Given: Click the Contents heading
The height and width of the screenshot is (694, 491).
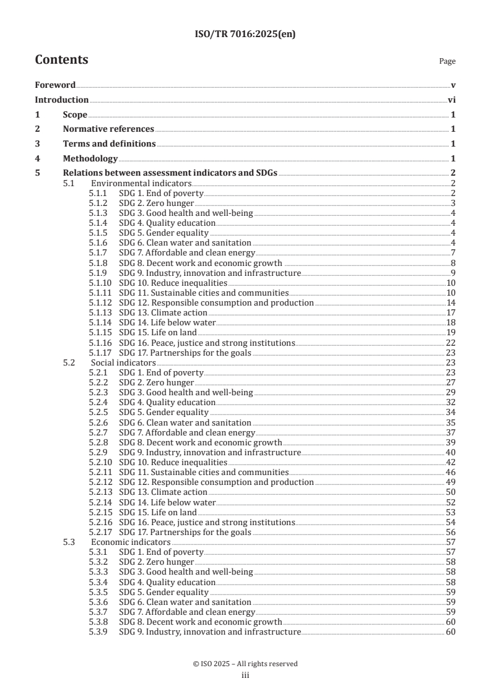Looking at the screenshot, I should pyautogui.click(x=61, y=60).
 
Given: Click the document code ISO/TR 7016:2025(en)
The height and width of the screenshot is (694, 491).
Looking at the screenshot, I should pyautogui.click(x=245, y=35).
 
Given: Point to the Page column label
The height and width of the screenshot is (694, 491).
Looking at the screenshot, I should pyautogui.click(x=447, y=61).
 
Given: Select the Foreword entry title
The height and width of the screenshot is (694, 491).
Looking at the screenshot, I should pyautogui.click(x=55, y=85).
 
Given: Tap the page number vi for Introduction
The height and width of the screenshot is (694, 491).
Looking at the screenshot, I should pyautogui.click(x=452, y=100).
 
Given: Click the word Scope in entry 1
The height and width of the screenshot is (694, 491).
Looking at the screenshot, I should pyautogui.click(x=75, y=114).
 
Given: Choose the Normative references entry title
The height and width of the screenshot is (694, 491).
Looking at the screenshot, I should pyautogui.click(x=108, y=129).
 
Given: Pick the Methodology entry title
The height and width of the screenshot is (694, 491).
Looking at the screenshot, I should pyautogui.click(x=90, y=159).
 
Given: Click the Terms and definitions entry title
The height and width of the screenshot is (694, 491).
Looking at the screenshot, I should pyautogui.click(x=109, y=144).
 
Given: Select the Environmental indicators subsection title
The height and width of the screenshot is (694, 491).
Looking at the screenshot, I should pyautogui.click(x=141, y=184).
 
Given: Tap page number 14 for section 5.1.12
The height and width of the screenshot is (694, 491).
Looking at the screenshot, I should pyautogui.click(x=451, y=303).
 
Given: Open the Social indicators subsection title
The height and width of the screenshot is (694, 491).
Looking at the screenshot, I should pyautogui.click(x=123, y=362).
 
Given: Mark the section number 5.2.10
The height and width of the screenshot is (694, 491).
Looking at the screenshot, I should pyautogui.click(x=100, y=462).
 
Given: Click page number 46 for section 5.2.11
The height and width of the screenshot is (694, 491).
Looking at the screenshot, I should pyautogui.click(x=451, y=472).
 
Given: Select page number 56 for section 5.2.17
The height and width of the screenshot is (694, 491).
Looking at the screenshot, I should pyautogui.click(x=451, y=532).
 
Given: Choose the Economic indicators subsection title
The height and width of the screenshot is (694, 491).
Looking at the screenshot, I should pyautogui.click(x=131, y=542).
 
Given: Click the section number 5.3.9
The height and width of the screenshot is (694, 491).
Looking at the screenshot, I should pyautogui.click(x=98, y=632).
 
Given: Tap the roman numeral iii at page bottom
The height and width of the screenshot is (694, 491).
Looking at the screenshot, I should pyautogui.click(x=245, y=676).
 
